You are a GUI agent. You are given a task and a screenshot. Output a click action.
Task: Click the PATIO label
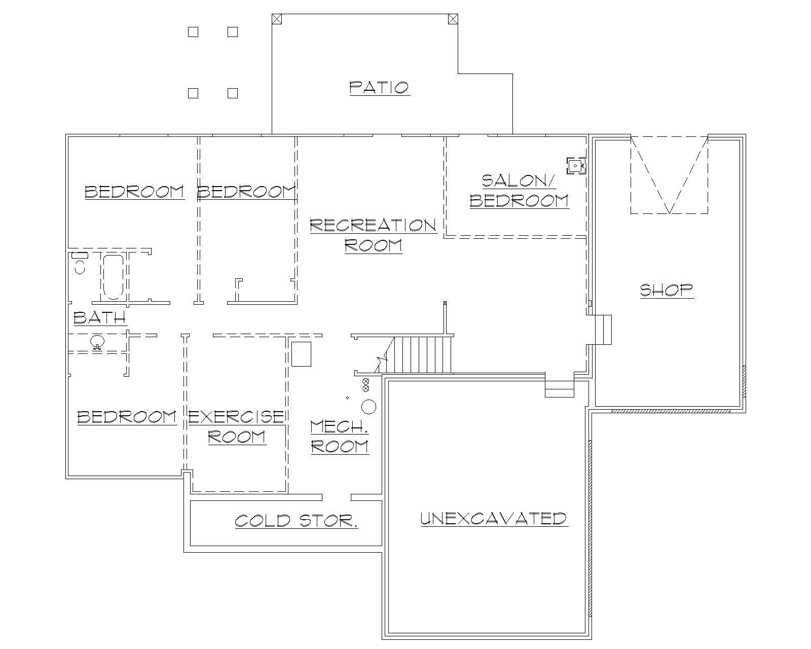tap(379, 87)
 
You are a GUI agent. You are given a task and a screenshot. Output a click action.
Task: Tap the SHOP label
tap(667, 290)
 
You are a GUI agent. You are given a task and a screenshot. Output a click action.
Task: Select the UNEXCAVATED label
tap(494, 518)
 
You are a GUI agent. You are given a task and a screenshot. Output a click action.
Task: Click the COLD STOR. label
tap(296, 521)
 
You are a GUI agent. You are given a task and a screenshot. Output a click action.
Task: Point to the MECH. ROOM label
tap(340, 437)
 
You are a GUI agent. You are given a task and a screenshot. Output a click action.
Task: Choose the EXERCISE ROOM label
tap(236, 426)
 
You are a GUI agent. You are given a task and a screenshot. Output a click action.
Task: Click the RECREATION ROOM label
tap(374, 235)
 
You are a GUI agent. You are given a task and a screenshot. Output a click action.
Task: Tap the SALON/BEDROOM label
tap(519, 191)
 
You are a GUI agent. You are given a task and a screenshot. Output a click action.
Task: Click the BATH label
tap(99, 318)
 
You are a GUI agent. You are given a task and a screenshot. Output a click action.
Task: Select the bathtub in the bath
tap(113, 277)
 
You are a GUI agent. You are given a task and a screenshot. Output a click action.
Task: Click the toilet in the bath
tap(80, 263)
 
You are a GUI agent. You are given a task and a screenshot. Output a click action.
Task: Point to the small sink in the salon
tap(576, 166)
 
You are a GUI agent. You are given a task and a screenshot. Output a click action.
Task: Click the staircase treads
tap(422, 354)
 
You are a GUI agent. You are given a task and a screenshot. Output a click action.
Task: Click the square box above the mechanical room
tap(301, 354)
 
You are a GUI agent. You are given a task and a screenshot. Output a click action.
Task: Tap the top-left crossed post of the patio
tap(276, 19)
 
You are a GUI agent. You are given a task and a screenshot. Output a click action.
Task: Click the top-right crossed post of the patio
tap(453, 19)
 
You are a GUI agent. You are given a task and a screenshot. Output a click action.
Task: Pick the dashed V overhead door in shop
tap(669, 175)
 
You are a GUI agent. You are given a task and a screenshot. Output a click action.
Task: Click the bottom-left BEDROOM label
tap(127, 417)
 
